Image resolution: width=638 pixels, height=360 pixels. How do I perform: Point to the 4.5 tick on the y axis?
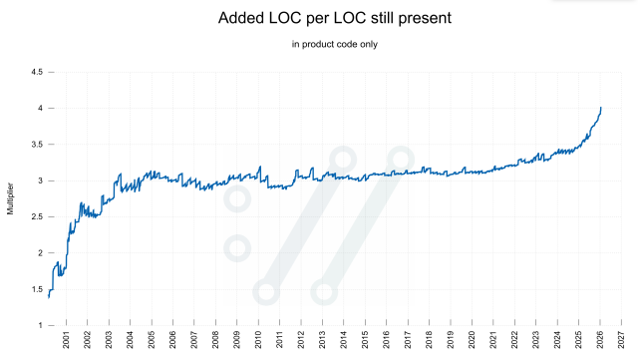[36, 72]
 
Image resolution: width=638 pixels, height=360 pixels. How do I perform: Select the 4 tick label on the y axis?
[39, 108]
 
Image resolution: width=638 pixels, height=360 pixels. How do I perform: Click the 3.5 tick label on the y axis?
[36, 145]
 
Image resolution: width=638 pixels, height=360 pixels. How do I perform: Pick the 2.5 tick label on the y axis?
[36, 216]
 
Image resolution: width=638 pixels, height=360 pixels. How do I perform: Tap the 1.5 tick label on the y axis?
[36, 289]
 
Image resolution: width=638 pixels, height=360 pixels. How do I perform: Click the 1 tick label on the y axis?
[39, 325]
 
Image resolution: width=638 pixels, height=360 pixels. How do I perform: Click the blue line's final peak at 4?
[601, 108]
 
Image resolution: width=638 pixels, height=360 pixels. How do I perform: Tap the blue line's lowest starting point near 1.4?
[49, 296]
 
